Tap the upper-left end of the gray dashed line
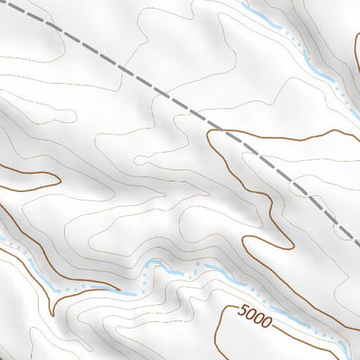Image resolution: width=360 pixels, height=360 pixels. pos(2,3)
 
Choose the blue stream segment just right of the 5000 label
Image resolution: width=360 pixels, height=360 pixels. pos(292,319)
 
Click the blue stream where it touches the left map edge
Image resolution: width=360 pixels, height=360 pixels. pos(3,239)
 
